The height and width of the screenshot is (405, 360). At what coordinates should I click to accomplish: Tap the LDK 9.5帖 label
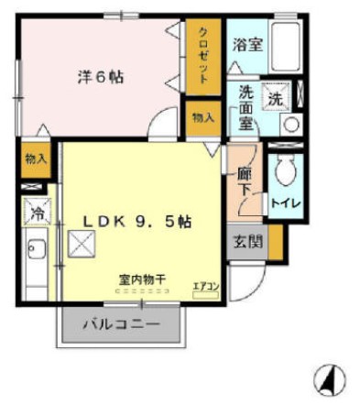pyautogui.click(x=137, y=221)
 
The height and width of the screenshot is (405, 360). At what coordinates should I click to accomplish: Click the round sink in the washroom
pyautogui.click(x=289, y=125)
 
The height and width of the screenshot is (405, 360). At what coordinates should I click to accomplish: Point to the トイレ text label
pyautogui.click(x=284, y=202)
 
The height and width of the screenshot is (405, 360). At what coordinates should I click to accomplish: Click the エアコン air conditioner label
pyautogui.click(x=205, y=285)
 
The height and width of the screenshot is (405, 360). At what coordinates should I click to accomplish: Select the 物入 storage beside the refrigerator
pyautogui.click(x=36, y=159)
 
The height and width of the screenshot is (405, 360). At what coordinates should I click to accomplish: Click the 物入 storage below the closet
pyautogui.click(x=202, y=116)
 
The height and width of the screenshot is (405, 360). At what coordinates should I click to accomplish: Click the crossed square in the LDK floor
pyautogui.click(x=83, y=244)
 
